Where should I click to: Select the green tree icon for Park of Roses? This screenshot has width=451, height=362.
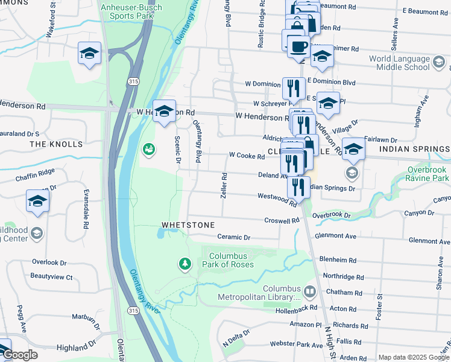[x=184, y=264]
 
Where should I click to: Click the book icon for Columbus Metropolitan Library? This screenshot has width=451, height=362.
[x=309, y=292]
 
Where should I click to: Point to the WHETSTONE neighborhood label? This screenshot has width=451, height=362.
[x=188, y=225]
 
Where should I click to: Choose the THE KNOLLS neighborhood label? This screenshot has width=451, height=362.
[x=56, y=144]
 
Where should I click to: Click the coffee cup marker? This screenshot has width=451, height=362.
[x=298, y=45]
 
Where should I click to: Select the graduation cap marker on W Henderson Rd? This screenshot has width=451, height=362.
[x=164, y=112]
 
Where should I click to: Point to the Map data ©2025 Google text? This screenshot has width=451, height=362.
[x=414, y=357]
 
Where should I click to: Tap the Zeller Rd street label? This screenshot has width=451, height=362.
[x=224, y=186]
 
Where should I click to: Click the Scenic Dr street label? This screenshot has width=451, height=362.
[x=178, y=150]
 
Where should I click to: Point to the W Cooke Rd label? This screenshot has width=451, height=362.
[x=247, y=156]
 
